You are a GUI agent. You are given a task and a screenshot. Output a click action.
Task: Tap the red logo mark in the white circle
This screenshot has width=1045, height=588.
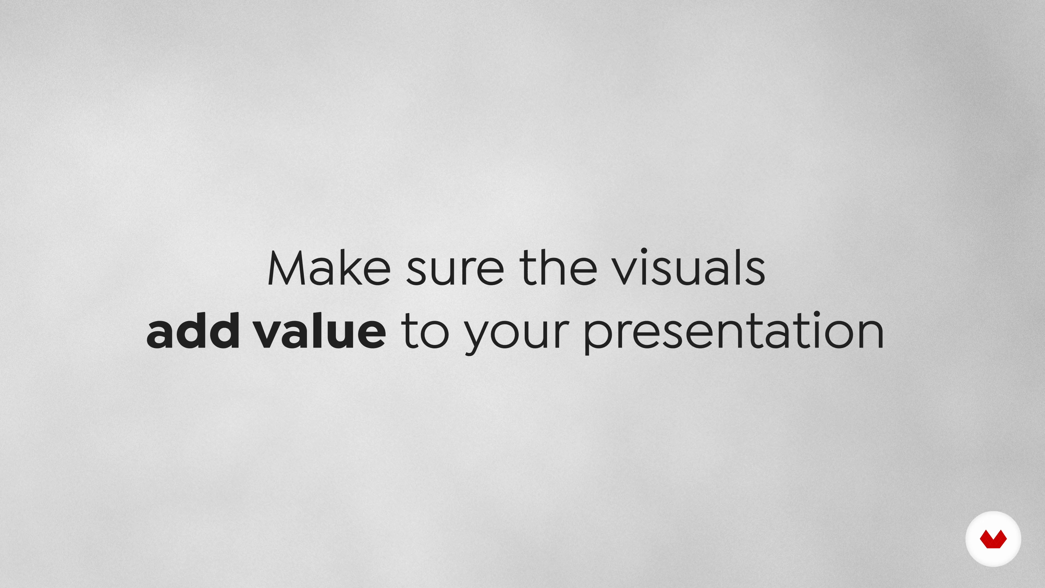click(993, 539)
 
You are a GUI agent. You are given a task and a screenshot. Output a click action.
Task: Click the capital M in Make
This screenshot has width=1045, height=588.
click(286, 268)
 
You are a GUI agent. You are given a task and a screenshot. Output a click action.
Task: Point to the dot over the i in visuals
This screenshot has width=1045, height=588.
click(644, 251)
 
